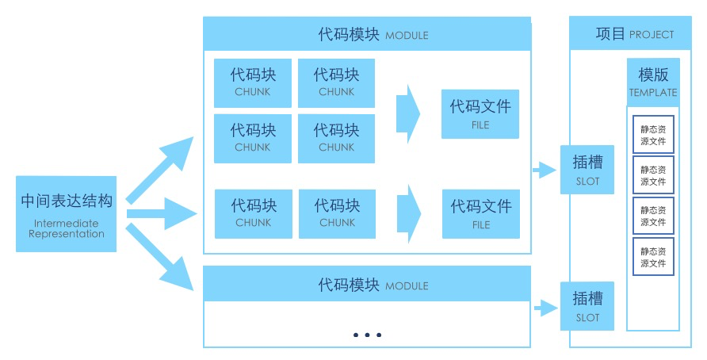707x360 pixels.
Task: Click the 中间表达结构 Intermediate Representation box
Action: tap(66, 213)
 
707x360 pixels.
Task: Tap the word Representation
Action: tap(67, 234)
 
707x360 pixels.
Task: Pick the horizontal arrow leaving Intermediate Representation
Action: tap(162, 213)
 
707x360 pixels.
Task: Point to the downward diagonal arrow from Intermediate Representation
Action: tap(162, 259)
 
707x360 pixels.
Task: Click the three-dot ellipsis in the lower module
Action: tap(367, 335)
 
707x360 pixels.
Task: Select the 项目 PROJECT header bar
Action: tap(630, 34)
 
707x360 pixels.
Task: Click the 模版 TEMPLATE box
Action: tap(653, 81)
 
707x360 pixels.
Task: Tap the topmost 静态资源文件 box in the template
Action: tap(653, 135)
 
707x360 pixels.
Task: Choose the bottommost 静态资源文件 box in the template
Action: tap(653, 256)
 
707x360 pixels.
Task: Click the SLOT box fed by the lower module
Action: tap(587, 305)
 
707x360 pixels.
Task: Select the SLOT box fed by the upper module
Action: tap(587, 170)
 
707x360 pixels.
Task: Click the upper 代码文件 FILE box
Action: tap(480, 113)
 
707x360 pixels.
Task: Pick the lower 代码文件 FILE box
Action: tap(480, 213)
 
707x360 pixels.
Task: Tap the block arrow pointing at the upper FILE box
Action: tap(407, 113)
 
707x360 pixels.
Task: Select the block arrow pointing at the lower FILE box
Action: tap(407, 213)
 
